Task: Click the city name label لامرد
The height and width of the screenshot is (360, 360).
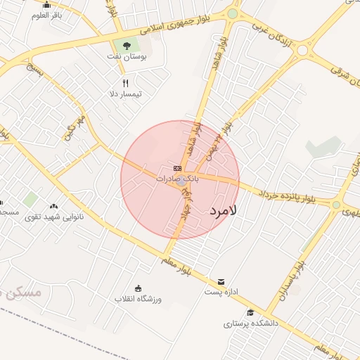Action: (224, 210)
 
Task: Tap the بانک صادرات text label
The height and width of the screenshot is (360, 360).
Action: (177, 179)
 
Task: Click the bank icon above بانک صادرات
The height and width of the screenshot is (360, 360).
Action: (177, 168)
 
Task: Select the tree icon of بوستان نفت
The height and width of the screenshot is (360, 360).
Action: (126, 46)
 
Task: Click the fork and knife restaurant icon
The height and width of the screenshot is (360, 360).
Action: (125, 83)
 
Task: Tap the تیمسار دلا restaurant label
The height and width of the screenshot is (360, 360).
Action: (126, 94)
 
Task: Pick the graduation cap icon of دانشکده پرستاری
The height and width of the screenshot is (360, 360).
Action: (250, 313)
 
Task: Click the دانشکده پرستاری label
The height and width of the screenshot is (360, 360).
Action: (251, 324)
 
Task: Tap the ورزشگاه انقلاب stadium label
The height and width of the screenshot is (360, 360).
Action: (139, 299)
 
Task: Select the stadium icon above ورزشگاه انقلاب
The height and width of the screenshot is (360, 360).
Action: (138, 288)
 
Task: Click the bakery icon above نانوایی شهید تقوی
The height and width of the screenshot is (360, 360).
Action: (54, 207)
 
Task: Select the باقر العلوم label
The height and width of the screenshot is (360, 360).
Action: (47, 15)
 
